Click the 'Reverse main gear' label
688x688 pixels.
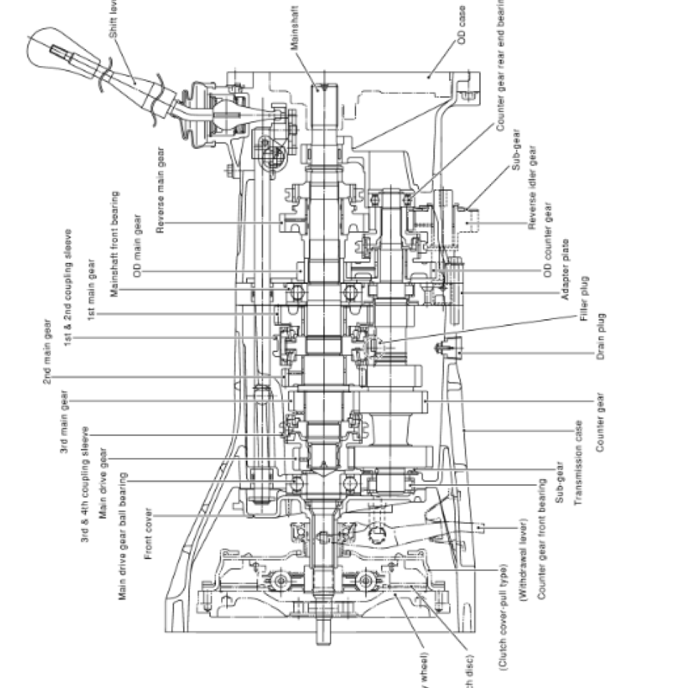161,190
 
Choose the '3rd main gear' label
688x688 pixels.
65,422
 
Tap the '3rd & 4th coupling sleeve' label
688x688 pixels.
86,484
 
